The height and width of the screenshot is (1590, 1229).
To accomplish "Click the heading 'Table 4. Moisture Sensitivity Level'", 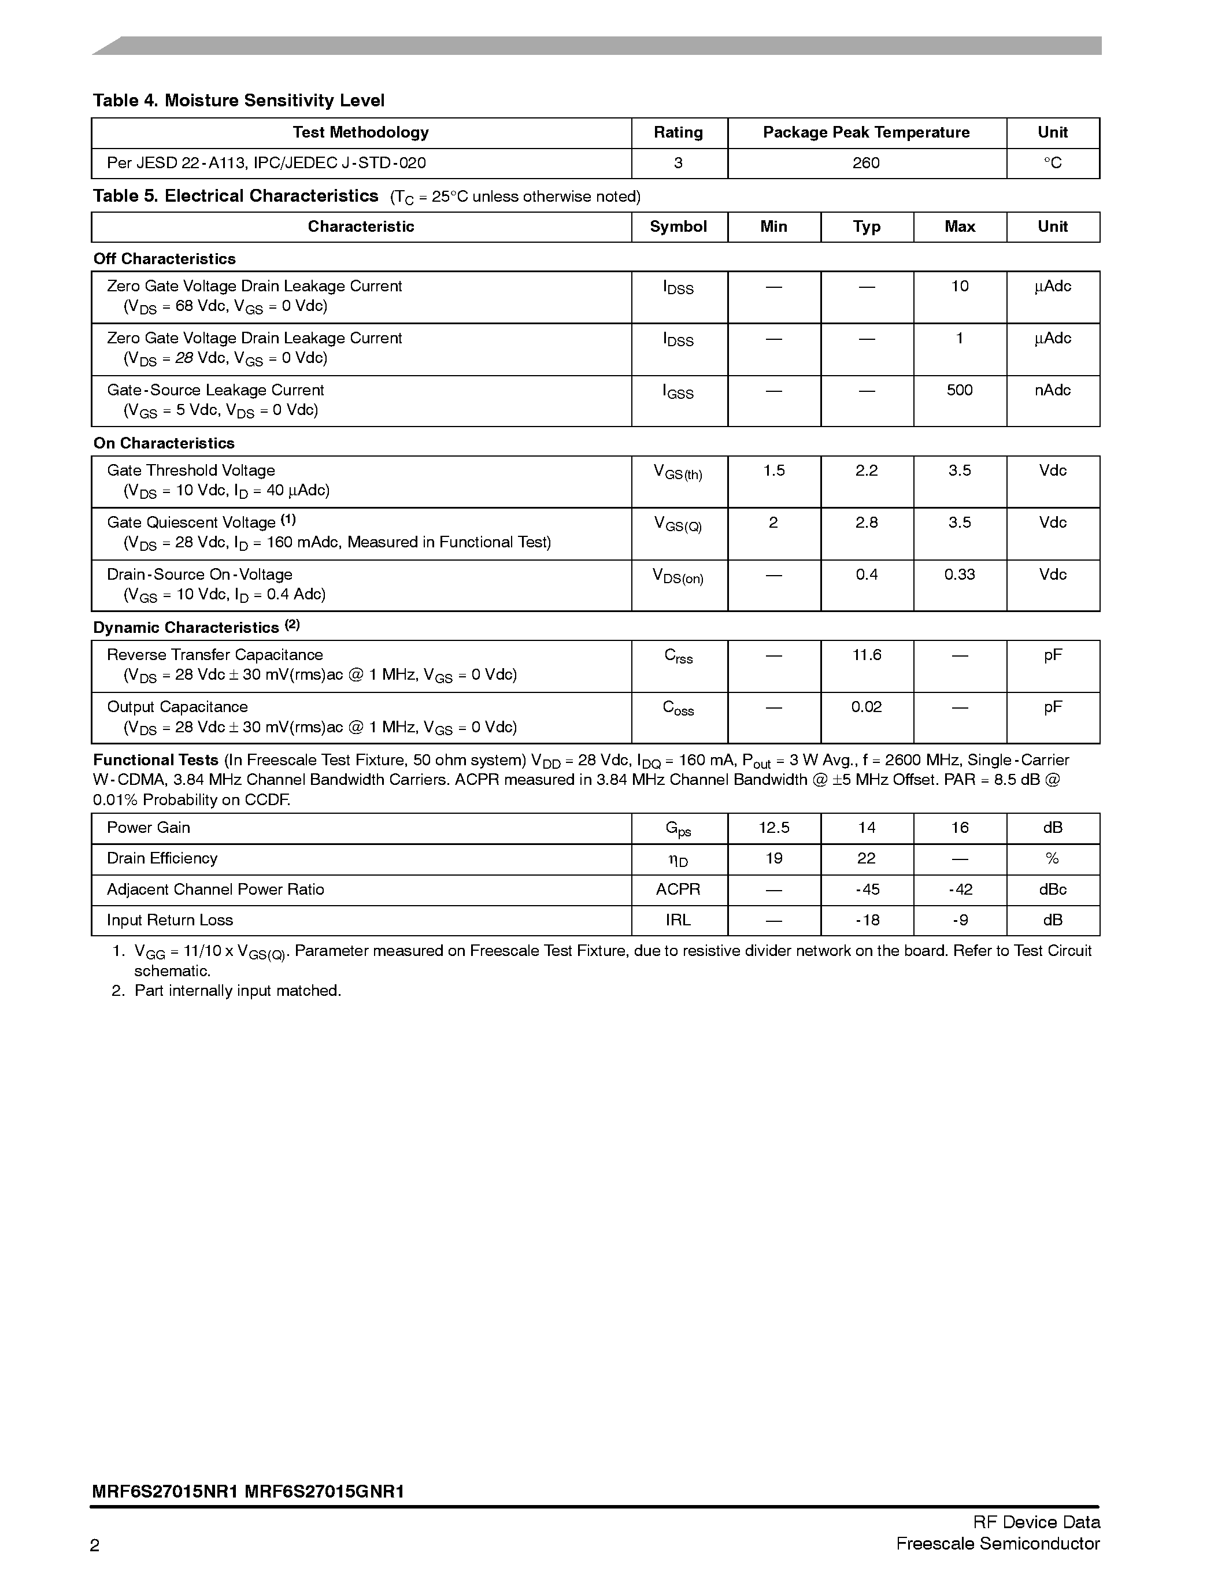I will coord(238,101).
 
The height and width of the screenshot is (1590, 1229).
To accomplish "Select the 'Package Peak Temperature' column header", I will coord(866,132).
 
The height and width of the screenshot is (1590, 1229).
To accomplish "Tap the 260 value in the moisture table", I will coord(866,163).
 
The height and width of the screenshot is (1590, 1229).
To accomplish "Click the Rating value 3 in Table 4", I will coord(678,163).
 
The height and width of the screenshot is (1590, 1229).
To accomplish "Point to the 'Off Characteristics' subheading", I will coord(165,259).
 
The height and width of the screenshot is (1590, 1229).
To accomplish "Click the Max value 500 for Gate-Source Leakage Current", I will coord(959,390).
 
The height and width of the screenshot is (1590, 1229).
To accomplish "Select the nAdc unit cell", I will coord(1052,390).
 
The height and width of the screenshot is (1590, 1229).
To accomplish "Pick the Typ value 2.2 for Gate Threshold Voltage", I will coord(866,471).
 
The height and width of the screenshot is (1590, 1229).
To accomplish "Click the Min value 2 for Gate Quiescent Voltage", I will coord(773,522).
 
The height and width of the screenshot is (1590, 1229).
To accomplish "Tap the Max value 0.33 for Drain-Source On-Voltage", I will coord(959,575).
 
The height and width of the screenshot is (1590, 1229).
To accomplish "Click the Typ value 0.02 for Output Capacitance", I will coord(866,707).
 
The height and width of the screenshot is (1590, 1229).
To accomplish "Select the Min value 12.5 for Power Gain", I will coord(773,828).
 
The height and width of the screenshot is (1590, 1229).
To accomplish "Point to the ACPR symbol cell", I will coord(678,889).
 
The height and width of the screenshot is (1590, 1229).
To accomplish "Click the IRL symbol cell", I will coord(678,920).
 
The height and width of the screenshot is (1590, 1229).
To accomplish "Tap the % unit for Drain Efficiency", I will coord(1052,859).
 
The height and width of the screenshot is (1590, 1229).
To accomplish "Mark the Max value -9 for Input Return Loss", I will coord(959,920).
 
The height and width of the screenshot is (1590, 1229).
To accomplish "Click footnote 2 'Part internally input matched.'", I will coord(238,991).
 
